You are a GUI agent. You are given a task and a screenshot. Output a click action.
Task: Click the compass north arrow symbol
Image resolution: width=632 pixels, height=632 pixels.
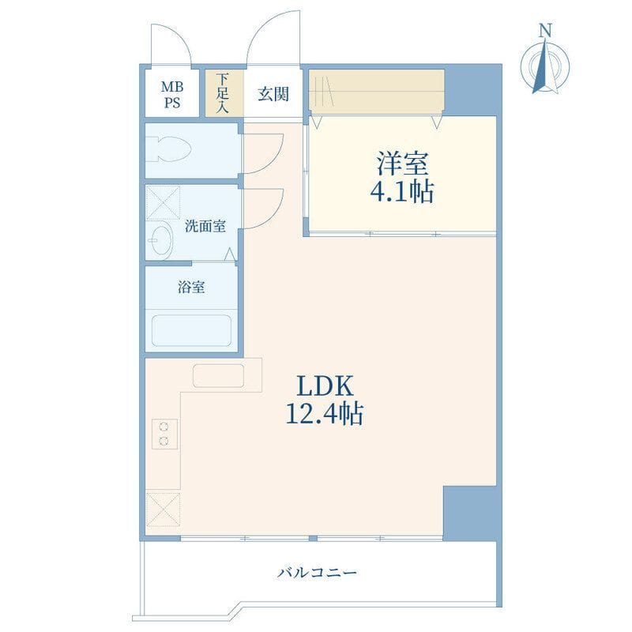545,66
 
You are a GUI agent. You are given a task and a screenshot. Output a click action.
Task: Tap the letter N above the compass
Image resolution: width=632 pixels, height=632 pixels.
545,31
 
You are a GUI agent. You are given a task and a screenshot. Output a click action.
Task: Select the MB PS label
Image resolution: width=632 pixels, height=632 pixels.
171,94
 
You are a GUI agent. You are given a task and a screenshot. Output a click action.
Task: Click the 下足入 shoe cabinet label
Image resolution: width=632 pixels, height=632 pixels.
223,94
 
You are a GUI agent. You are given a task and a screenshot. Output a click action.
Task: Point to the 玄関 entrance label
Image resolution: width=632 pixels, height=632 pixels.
273,94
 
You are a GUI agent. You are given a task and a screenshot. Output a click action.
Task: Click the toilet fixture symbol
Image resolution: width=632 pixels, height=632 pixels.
169,149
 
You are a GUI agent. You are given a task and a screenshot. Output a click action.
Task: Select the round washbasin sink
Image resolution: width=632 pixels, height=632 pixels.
162,240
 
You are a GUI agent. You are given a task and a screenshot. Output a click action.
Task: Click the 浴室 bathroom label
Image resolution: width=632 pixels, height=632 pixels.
191,288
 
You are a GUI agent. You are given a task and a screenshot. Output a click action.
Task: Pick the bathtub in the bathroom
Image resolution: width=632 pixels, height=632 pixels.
192,331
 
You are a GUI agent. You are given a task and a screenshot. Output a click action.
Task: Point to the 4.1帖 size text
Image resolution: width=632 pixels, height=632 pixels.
404,192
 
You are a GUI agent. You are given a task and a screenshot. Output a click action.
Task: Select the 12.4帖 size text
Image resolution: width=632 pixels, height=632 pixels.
325,414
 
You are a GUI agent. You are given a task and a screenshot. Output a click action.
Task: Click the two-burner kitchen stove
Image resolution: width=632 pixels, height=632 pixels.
164,433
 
